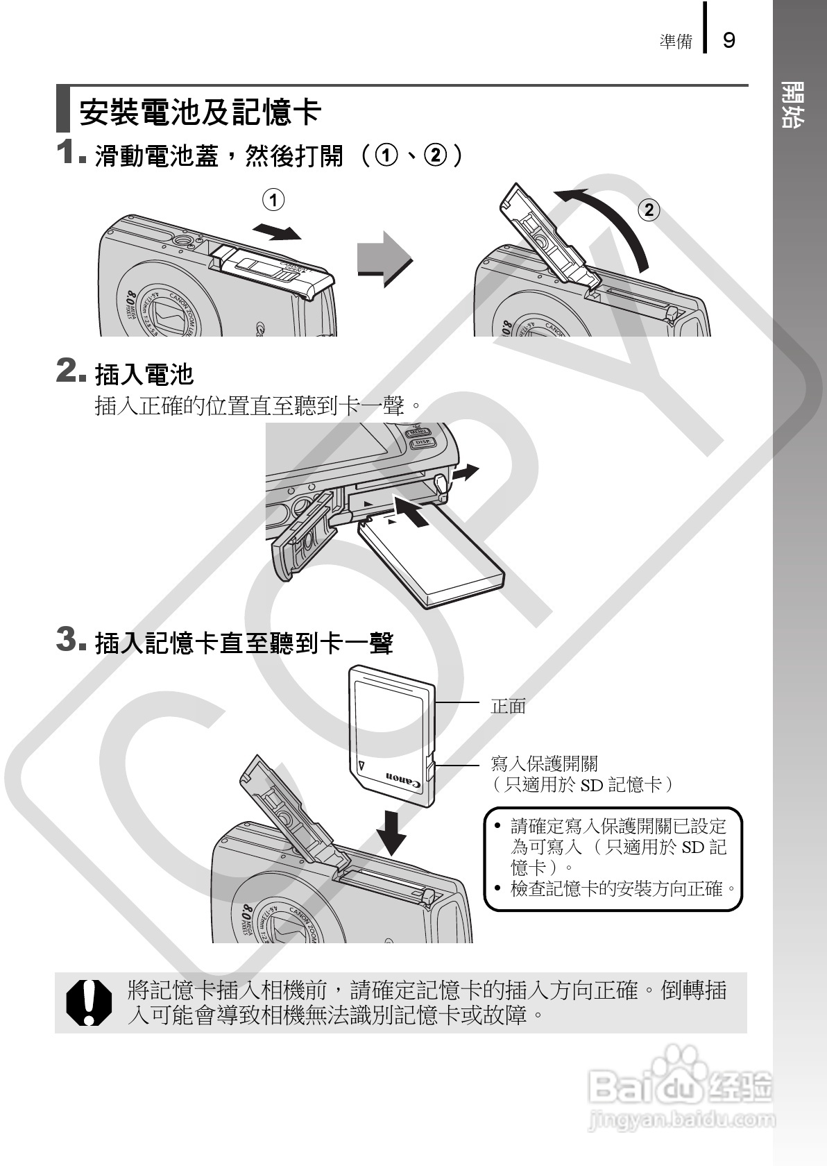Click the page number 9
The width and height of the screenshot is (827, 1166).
tap(728, 40)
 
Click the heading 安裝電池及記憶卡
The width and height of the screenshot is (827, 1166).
tap(200, 111)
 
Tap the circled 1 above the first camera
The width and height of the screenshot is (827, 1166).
tap(273, 201)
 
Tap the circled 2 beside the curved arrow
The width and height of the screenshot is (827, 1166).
tap(649, 210)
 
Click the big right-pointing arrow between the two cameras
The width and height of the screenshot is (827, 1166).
tap(384, 259)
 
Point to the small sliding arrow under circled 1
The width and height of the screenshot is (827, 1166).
tap(278, 232)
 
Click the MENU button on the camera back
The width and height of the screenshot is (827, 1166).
tap(419, 432)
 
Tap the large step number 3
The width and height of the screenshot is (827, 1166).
tap(67, 639)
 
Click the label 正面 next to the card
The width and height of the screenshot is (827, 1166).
tap(509, 707)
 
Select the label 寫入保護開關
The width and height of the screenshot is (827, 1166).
tap(544, 763)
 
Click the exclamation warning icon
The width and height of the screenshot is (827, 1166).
tap(88, 1002)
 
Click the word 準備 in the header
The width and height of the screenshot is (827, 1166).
tap(676, 42)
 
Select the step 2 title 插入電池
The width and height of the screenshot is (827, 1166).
tap(144, 375)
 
